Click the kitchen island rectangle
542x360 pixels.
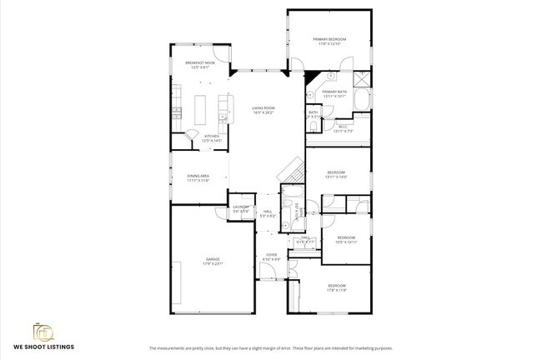[x=200, y=109]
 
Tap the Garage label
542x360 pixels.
[x=213, y=262]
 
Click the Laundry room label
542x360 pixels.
[x=241, y=208]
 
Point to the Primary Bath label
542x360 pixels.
[x=334, y=93]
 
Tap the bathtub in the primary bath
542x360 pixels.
[x=363, y=100]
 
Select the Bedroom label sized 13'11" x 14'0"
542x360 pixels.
[x=336, y=174]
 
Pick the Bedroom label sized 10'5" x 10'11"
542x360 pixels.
[x=345, y=239]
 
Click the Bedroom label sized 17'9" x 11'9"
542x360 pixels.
[x=336, y=287]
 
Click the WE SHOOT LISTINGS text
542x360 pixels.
[x=43, y=346]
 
